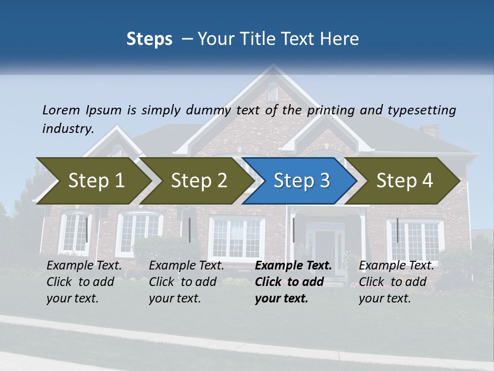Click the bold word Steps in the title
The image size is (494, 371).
tap(149, 39)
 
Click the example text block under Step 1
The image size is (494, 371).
tap(84, 282)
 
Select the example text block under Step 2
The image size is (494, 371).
tap(186, 282)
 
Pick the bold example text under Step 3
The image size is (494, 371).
tap(293, 282)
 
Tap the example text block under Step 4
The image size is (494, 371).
tap(396, 282)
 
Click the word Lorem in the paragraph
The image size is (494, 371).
tap(61, 110)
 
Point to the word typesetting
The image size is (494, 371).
tap(421, 110)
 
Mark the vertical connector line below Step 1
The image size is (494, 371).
tap(86, 230)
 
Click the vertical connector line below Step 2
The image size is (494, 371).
tap(190, 230)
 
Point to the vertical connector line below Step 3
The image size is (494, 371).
tap(293, 230)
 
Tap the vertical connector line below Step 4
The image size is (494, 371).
tap(397, 230)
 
